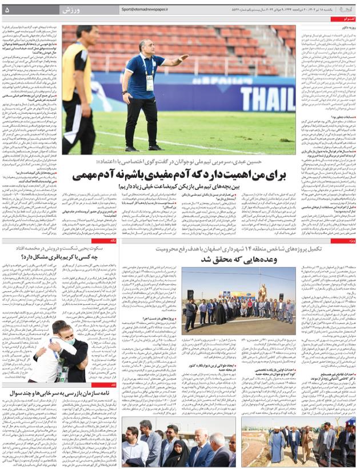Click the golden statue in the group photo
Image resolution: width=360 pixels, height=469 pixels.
click(263, 293)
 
